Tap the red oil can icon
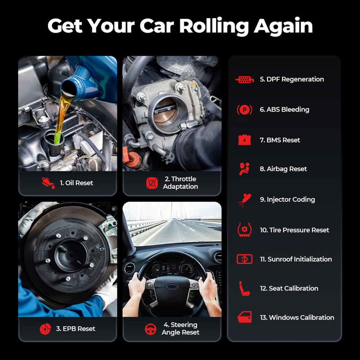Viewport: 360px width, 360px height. pos(48,183)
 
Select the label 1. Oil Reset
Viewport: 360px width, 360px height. pos(76,183)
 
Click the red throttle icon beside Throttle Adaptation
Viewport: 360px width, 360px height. pos(152,183)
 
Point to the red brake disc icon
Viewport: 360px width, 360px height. pos(45,329)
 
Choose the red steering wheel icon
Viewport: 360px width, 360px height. pos(150,329)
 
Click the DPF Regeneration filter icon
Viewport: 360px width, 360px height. pos(244,80)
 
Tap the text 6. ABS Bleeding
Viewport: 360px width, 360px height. pos(285,109)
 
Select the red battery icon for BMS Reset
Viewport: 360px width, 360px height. pos(244,140)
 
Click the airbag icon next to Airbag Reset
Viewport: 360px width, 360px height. pos(244,169)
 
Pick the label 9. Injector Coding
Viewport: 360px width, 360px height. pos(287,199)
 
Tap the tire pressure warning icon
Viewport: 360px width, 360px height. pos(244,230)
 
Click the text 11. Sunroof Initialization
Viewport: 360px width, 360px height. pos(296,259)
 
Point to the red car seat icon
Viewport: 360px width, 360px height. pos(244,289)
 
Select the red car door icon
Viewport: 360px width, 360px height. pos(244,317)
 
